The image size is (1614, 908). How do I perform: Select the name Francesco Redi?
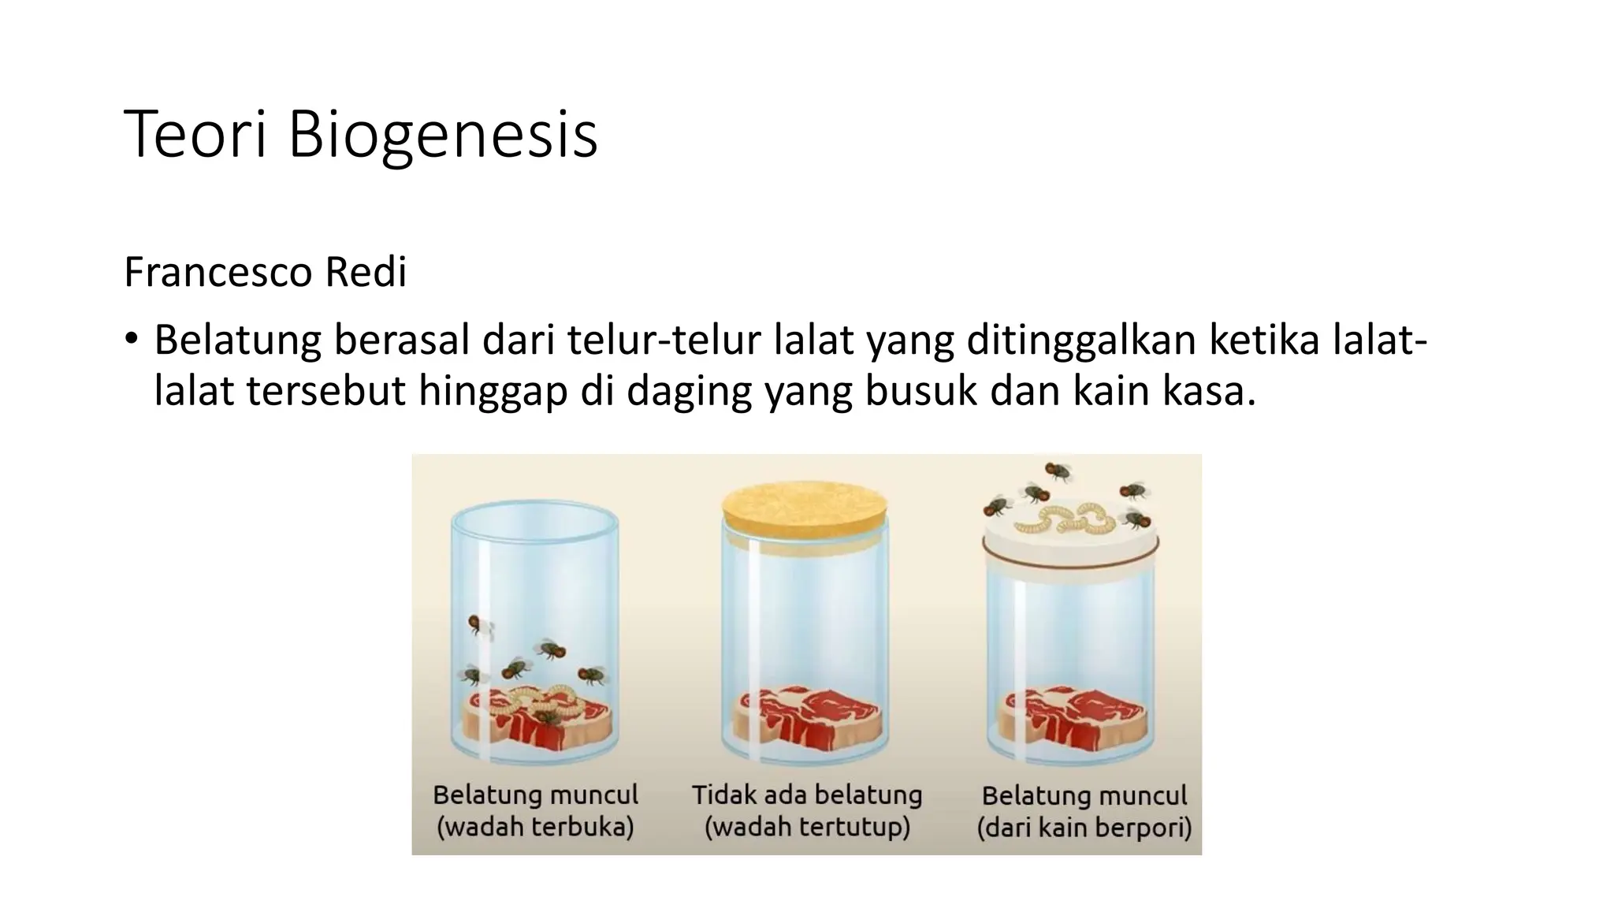pyautogui.click(x=265, y=273)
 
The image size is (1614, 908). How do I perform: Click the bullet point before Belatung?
pyautogui.click(x=131, y=340)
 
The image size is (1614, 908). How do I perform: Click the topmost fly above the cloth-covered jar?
pyautogui.click(x=1058, y=472)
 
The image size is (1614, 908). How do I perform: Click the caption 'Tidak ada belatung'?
pyautogui.click(x=806, y=794)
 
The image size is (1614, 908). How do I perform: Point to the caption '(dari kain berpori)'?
pyautogui.click(x=1084, y=828)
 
